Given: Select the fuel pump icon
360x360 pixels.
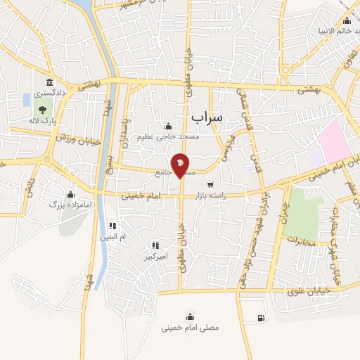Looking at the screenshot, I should click(262, 318).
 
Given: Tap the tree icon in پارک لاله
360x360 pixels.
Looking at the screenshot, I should click(43, 108).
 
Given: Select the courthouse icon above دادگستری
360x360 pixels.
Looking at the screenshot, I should click(48, 81).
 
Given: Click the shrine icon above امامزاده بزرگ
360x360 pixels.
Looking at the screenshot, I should click(70, 194).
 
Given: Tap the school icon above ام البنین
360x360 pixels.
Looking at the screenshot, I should click(111, 226).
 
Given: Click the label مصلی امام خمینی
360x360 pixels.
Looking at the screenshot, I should click(190, 328).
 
